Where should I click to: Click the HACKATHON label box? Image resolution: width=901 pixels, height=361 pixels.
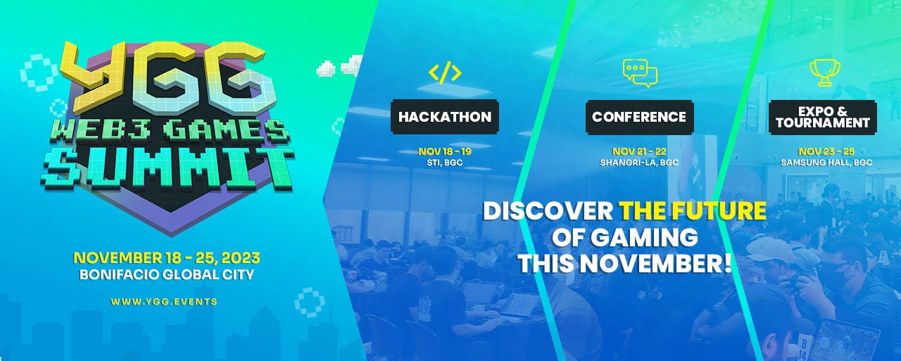(445, 117)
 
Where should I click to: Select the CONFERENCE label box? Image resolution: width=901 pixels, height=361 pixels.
(639, 117)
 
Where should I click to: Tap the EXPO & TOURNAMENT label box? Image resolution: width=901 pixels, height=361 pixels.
(823, 117)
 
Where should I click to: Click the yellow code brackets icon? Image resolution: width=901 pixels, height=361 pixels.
(445, 72)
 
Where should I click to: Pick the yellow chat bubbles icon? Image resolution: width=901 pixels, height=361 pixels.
(639, 72)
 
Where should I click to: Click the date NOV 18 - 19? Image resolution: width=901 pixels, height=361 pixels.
(445, 152)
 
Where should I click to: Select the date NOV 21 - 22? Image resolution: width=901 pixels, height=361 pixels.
(639, 152)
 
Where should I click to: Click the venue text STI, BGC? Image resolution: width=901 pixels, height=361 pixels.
(445, 163)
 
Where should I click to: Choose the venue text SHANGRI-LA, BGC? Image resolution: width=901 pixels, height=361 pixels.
(639, 163)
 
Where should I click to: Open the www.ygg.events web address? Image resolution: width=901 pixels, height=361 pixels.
(164, 301)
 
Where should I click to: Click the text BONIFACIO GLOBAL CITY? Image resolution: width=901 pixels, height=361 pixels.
(167, 274)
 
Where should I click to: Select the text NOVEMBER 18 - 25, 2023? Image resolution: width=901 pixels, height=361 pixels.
(167, 257)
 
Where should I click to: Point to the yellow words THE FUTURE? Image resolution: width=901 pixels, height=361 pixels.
(692, 210)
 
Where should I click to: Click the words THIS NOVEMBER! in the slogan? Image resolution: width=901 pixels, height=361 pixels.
(625, 263)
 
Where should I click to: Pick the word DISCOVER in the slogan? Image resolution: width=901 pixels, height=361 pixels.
(547, 210)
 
